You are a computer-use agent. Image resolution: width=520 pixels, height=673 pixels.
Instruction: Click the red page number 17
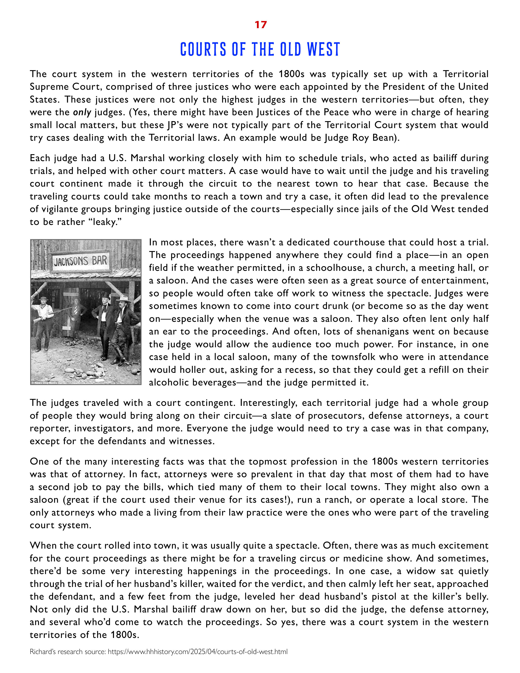pyautogui.click(x=260, y=25)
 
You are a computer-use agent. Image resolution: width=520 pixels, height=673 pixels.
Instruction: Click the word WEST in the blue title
pyautogui.click(x=323, y=50)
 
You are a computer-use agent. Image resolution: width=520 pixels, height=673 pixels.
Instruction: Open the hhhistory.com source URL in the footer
pyautogui.click(x=197, y=652)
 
